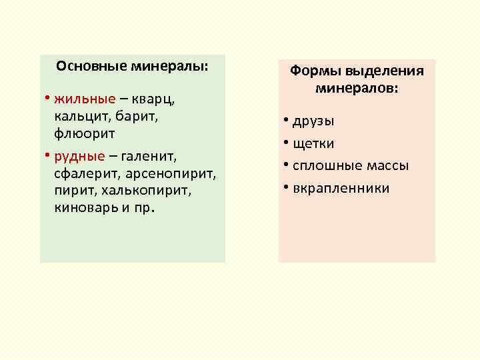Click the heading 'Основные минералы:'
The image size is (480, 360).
tap(132, 67)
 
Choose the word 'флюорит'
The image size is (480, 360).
tap(85, 133)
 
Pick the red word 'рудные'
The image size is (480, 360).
tap(80, 157)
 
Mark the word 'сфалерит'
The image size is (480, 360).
tap(83, 175)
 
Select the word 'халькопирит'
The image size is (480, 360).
tap(149, 191)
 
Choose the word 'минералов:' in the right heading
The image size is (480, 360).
tap(356, 88)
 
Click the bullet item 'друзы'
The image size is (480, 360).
tap(314, 121)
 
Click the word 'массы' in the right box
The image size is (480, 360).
tap(387, 166)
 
